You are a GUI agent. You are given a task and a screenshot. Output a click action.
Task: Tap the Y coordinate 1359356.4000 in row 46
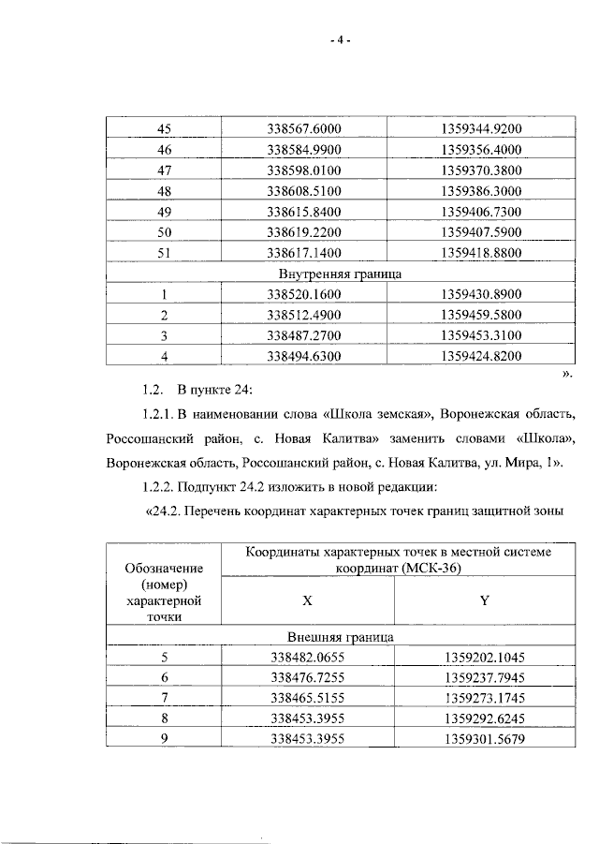click(x=480, y=150)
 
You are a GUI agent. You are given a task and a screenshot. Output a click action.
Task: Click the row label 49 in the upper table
click(x=164, y=212)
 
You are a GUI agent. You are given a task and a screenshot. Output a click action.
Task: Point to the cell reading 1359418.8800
click(x=480, y=253)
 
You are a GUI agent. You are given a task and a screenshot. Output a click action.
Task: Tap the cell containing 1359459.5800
click(x=480, y=315)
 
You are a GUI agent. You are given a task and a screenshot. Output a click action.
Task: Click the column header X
click(x=306, y=601)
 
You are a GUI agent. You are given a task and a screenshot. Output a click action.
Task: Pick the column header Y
click(x=484, y=601)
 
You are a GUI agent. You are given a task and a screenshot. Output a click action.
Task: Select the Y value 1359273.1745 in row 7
click(x=480, y=700)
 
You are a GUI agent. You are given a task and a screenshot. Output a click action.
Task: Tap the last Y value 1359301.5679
click(x=480, y=741)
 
